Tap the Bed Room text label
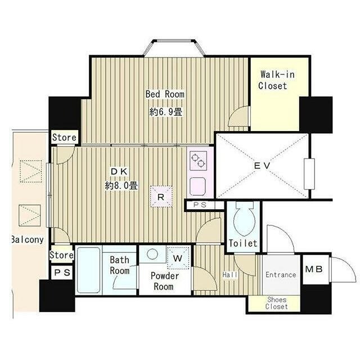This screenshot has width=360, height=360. (165, 94)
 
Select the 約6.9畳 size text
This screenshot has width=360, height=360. (166, 112)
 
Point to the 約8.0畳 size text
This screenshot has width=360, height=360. (121, 186)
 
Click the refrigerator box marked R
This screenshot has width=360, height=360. (161, 196)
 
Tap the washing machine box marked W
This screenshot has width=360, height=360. (179, 258)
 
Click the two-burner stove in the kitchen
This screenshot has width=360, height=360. (199, 160)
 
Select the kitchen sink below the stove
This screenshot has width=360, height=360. (197, 186)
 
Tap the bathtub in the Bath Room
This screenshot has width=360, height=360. (89, 270)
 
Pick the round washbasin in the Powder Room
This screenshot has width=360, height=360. (152, 254)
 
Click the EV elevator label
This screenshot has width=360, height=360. (262, 165)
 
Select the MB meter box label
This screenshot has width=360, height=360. (314, 269)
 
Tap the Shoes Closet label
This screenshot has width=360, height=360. (276, 303)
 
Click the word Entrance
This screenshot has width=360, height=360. (281, 275)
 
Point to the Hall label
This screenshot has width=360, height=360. (230, 274)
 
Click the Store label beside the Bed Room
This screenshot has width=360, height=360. (64, 137)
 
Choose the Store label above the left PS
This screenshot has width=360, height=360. (61, 255)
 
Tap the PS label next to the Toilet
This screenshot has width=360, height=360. (200, 205)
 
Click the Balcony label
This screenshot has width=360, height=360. (28, 240)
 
